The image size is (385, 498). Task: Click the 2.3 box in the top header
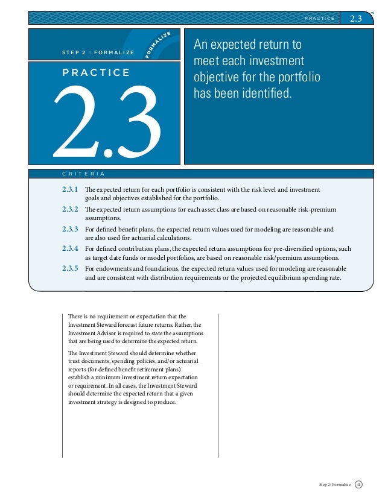(x=355, y=18)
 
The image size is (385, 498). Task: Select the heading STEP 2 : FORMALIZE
(x=98, y=52)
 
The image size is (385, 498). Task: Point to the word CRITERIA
(x=83, y=174)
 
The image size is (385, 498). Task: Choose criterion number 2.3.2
(x=70, y=209)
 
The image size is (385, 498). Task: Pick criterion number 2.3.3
(x=70, y=229)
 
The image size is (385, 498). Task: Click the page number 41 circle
(x=359, y=484)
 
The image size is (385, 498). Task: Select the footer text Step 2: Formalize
(x=334, y=484)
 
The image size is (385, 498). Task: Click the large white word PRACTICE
(x=95, y=73)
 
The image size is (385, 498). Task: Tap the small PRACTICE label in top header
(x=319, y=19)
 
